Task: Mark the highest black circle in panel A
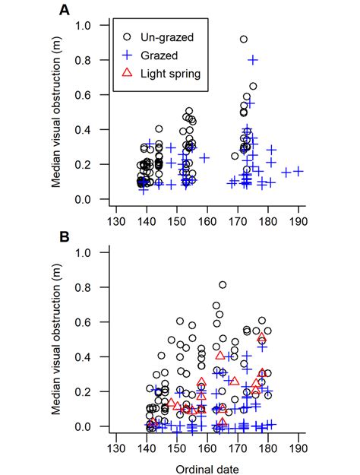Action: coord(244,39)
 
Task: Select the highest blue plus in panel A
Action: coord(253,59)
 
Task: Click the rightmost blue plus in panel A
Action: coord(298,171)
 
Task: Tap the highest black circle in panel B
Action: coord(223,285)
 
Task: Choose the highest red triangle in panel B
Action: coord(262,337)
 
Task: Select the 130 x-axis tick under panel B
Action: coord(115,448)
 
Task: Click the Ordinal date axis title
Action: coord(207,468)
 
